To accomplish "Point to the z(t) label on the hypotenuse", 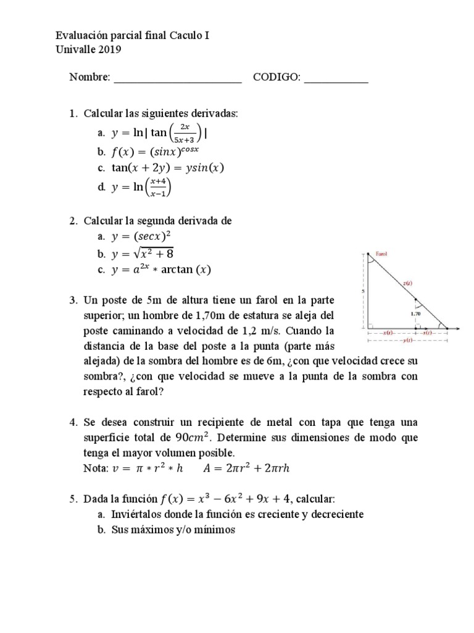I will (407, 284).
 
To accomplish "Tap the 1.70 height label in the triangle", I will (415, 313).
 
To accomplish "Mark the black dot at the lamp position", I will (368, 254).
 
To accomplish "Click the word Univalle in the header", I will (75, 50).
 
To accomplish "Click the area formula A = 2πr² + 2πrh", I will (246, 468).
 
